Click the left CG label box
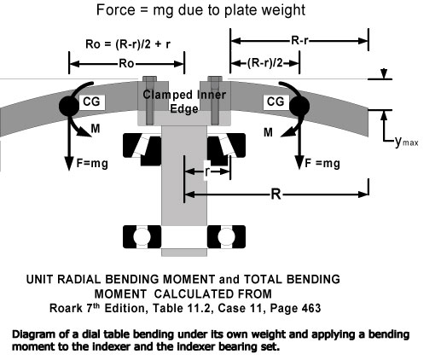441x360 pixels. pos(91,102)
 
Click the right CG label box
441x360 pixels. pos(276,102)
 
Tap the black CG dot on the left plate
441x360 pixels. pos(69,106)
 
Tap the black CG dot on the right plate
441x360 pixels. pos(299,106)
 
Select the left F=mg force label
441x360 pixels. pos(92,164)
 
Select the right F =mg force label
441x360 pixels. pos(322,164)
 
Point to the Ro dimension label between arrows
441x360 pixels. pos(126,63)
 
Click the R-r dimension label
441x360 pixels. pos(299,41)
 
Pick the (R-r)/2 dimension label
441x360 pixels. pos(265,63)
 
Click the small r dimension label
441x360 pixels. pos(207,171)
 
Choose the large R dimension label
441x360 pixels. pos(276,195)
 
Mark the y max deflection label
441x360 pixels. pos(407,142)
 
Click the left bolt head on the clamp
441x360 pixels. pos(149,78)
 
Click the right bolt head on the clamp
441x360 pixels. pos(215,78)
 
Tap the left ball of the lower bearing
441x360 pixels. pos(142,236)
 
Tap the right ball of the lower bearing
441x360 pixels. pos(226,236)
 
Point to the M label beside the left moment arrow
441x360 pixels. pos(96,129)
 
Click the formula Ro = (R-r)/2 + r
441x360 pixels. pos(128,44)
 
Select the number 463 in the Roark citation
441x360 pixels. pos(311,308)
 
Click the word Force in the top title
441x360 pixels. pos(115,10)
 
